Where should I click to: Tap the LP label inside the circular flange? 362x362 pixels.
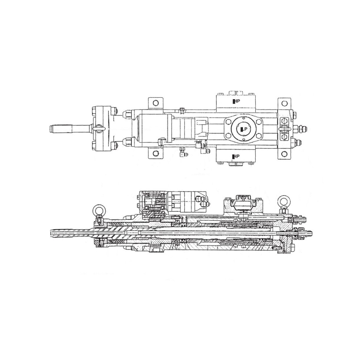tap(244, 129)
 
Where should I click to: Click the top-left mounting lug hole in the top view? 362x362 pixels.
tap(155, 102)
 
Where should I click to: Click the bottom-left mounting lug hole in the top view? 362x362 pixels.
tap(155, 154)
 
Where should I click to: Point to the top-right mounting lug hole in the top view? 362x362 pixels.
tap(285, 103)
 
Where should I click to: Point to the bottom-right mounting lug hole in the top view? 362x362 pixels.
tap(285, 154)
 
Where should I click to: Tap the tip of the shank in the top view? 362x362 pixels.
tap(51, 129)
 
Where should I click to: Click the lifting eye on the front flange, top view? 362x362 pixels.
tap(100, 129)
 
